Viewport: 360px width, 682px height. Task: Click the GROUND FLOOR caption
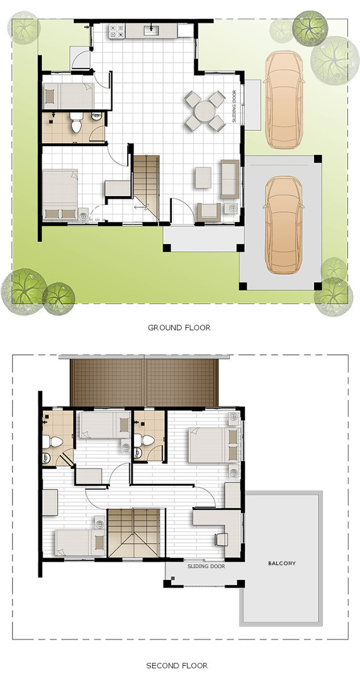(x=179, y=327)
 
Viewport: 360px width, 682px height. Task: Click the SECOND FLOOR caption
(x=177, y=665)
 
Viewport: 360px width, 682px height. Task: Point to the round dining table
(x=205, y=112)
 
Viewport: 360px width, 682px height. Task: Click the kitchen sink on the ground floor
(x=152, y=30)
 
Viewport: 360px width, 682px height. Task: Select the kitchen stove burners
(x=116, y=30)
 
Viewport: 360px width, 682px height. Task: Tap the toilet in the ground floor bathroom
(x=77, y=124)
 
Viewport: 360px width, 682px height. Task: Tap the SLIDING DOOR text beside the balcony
(x=206, y=566)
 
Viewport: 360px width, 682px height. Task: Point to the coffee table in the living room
(x=203, y=177)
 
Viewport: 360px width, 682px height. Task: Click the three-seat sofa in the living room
(x=229, y=177)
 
